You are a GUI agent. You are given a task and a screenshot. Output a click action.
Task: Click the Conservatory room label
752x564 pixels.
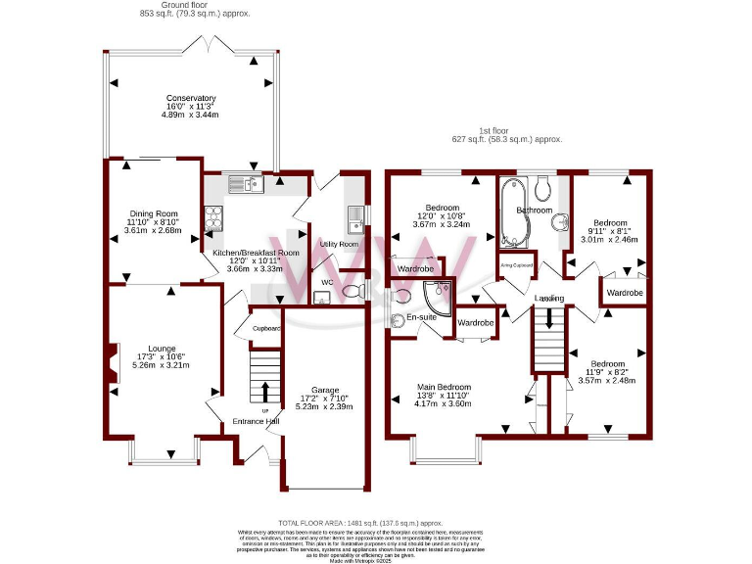point(191,99)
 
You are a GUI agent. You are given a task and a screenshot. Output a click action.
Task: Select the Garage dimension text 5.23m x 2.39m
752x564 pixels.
point(323,404)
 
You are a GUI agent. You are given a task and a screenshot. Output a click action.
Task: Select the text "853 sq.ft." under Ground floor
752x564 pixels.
point(161,14)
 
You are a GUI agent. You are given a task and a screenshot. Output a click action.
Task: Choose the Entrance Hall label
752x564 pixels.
point(256,422)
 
